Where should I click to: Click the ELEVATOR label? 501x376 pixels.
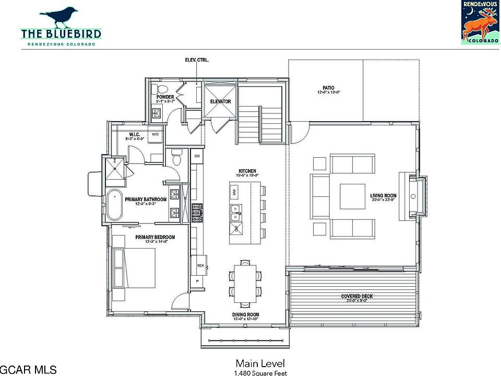(220, 101)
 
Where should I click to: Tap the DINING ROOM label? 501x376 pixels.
(245, 314)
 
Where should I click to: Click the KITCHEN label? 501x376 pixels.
(247, 171)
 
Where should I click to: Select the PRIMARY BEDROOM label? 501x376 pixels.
(155, 237)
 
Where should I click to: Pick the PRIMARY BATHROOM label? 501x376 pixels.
(146, 199)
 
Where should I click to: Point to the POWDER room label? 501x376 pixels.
(165, 98)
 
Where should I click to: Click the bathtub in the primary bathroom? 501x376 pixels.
(115, 206)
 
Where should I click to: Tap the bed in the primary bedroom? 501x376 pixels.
(135, 268)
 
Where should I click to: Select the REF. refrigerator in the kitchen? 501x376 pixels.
(200, 265)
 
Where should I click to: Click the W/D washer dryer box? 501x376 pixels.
(156, 134)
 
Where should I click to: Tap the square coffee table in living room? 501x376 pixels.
(353, 196)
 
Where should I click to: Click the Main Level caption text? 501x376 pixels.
(259, 363)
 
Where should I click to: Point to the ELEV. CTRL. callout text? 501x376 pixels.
(197, 61)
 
